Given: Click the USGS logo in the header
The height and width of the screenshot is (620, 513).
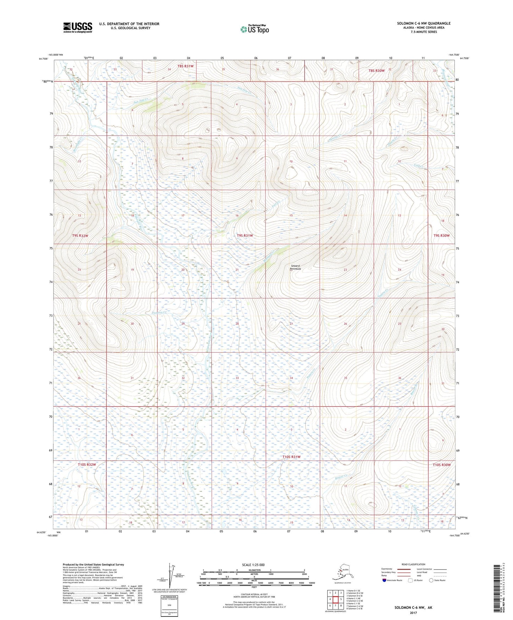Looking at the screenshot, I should tap(77, 27).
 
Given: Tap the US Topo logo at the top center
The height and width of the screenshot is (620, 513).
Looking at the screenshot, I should tap(254, 29).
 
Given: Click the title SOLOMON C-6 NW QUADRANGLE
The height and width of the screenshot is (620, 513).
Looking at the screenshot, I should tap(424, 23).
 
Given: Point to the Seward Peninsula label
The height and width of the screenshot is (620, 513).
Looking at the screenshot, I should tap(296, 267).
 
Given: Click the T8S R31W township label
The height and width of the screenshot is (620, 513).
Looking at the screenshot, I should tap(185, 66).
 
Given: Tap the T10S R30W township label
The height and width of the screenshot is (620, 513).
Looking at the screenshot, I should tap(441, 465).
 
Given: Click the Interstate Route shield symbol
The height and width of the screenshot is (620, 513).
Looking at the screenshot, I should tap(384, 580).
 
